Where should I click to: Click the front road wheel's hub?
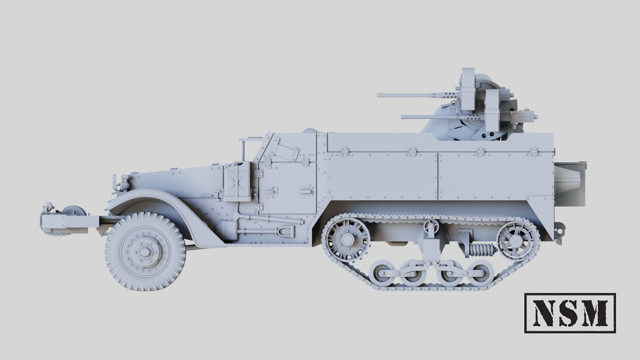(x=145, y=252)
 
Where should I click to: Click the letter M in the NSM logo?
(x=595, y=313)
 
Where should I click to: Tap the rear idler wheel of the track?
(x=518, y=241)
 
